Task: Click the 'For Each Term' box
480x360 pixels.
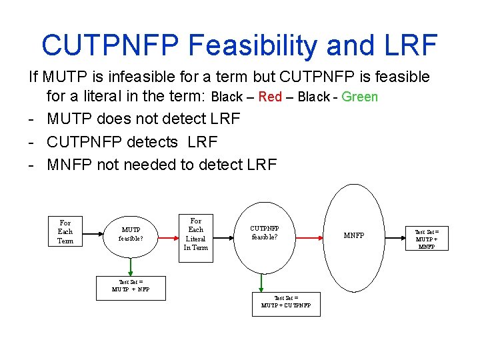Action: point(65,232)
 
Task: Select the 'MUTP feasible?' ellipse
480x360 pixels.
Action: point(131,234)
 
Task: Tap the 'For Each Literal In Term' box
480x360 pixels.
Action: point(196,234)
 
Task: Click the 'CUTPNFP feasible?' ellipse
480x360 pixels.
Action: point(264,232)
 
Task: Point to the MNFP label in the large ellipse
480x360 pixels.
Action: point(354,235)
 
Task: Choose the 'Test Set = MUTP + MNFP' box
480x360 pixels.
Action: point(427,238)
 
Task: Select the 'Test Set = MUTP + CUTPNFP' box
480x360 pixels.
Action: point(286,304)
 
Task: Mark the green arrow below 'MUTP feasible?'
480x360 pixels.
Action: point(131,267)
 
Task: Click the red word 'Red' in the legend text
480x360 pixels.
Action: point(270,97)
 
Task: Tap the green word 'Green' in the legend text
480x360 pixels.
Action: point(359,97)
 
